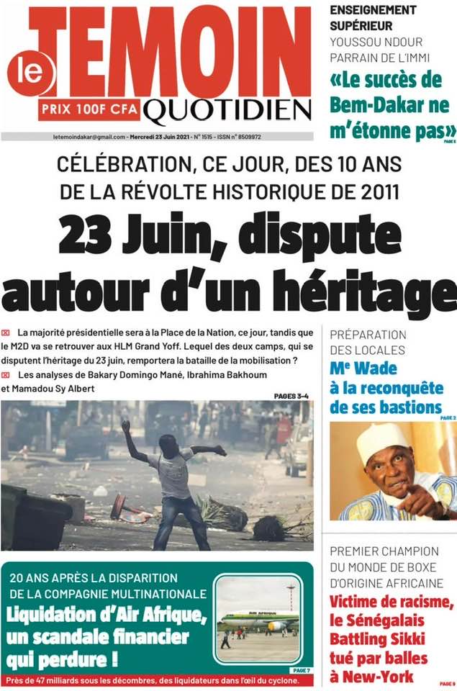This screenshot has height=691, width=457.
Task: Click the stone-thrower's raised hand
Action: [x=125, y=426]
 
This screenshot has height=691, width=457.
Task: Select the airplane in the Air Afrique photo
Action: [x=259, y=618]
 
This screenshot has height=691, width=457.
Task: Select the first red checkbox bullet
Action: [x=6, y=333]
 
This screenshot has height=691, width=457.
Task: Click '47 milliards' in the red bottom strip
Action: [x=54, y=679]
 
